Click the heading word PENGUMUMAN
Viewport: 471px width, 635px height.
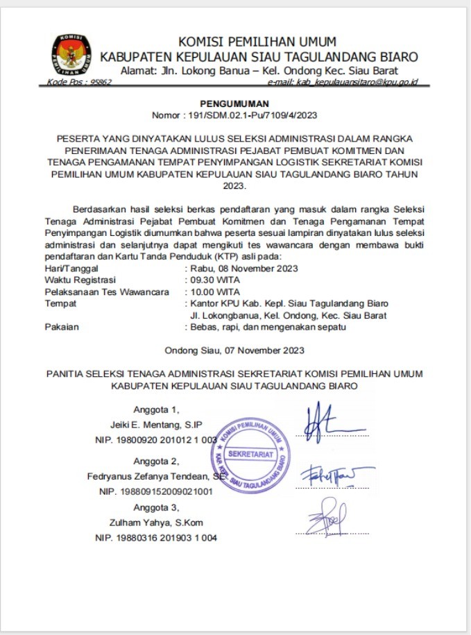click(235, 103)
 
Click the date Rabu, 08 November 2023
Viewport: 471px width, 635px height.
click(244, 268)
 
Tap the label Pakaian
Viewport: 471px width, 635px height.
click(61, 327)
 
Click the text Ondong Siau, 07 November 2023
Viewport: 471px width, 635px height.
click(234, 350)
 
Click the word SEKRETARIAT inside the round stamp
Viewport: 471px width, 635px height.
click(250, 453)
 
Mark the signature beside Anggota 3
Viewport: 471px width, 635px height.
click(326, 518)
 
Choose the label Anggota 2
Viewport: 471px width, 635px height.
click(156, 461)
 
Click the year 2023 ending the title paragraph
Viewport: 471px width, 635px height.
click(235, 187)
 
